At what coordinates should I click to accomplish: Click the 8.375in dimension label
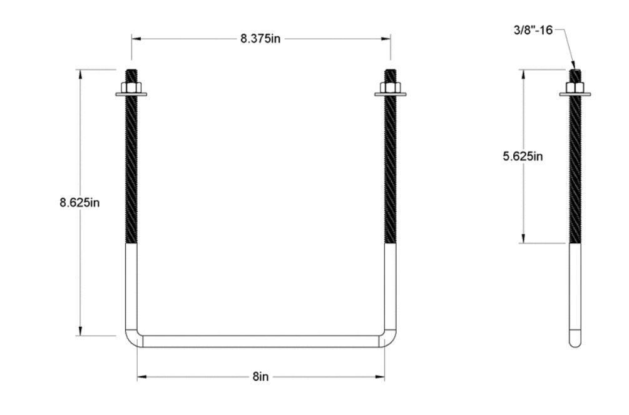tap(260, 38)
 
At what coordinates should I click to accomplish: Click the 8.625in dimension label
tap(80, 202)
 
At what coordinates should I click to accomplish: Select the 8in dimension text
tap(261, 377)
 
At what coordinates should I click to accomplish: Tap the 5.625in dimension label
tap(523, 156)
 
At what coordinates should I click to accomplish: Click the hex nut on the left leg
tap(131, 87)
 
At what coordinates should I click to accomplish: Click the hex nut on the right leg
tap(391, 87)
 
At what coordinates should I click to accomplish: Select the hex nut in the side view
tap(575, 87)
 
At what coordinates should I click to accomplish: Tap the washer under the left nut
tap(131, 95)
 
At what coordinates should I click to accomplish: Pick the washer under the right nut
tap(391, 95)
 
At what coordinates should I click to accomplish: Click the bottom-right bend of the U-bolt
tap(390, 339)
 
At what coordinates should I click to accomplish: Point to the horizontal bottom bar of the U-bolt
tap(261, 341)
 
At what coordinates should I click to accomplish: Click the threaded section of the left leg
tap(131, 169)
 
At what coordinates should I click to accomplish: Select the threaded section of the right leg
tap(391, 169)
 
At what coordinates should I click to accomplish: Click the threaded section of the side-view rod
tap(575, 169)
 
